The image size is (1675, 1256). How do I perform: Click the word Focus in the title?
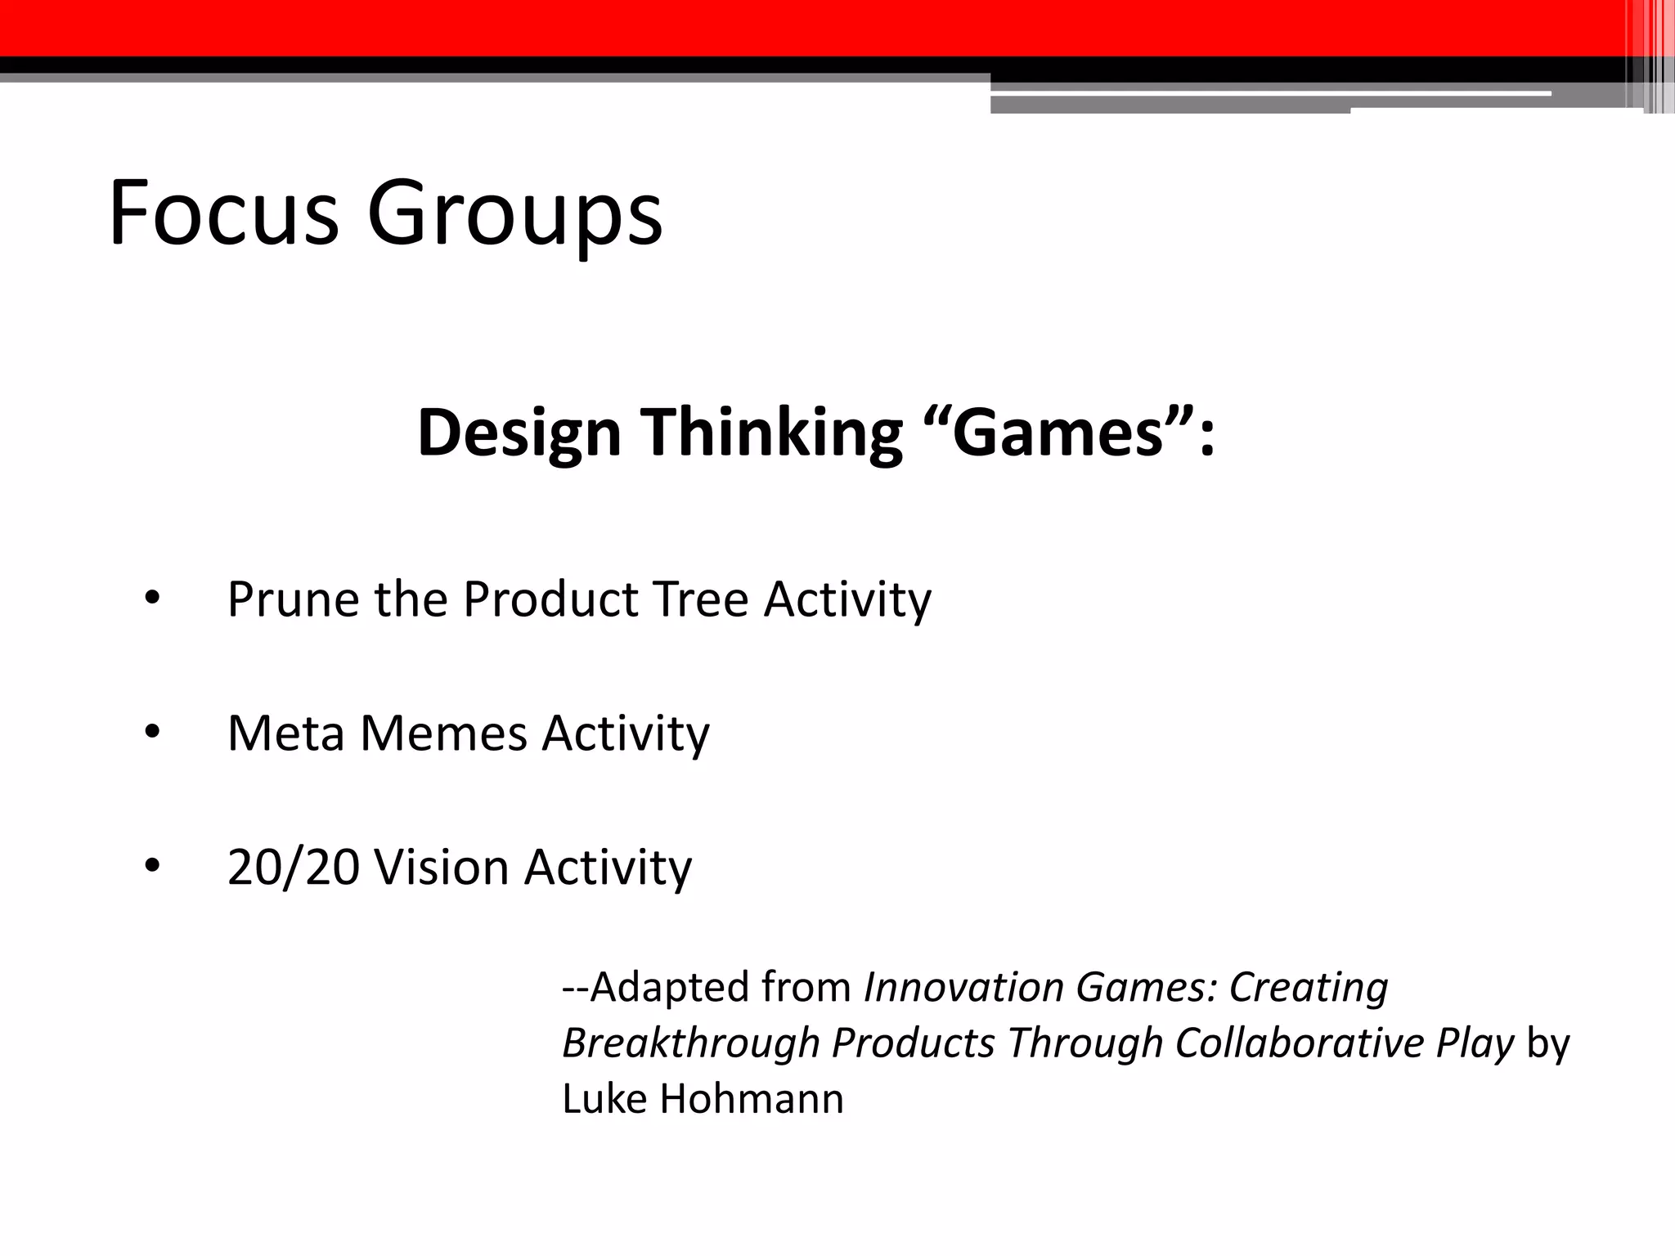click(x=222, y=214)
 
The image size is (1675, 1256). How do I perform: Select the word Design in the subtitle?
click(x=519, y=433)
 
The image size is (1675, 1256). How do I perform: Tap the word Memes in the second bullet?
click(x=443, y=733)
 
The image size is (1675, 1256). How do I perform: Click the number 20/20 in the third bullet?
click(x=293, y=867)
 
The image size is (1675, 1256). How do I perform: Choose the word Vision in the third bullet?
click(x=442, y=867)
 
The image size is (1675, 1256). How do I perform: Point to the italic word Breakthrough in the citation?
click(x=691, y=1043)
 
